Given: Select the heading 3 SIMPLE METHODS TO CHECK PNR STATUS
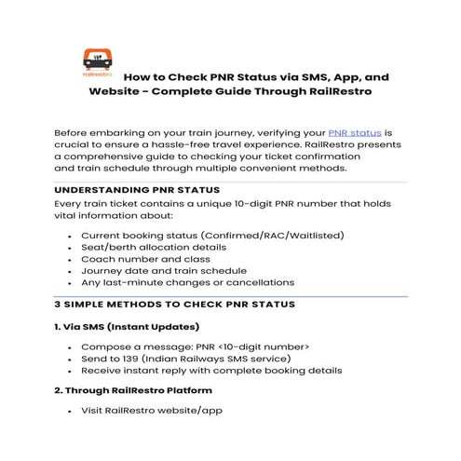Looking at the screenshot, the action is click(175, 305).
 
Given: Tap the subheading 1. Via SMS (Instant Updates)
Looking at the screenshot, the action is click(127, 328).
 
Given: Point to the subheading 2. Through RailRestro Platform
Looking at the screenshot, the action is click(132, 390).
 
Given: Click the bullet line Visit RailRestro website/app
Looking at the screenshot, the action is click(152, 411).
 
